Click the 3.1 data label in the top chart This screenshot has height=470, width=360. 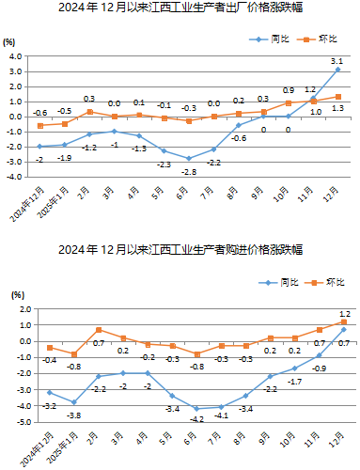tap(337, 61)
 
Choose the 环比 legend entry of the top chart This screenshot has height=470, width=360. tap(322, 39)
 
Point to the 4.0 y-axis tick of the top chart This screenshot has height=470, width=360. tap(16, 56)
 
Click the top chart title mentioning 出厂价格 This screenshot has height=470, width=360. tap(180, 10)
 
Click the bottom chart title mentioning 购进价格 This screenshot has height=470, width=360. tap(180, 250)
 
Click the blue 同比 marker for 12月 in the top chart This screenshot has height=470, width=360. tap(338, 70)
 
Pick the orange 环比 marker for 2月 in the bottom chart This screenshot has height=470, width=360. tap(99, 330)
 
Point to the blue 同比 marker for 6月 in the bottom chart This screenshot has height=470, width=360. tap(196, 408)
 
